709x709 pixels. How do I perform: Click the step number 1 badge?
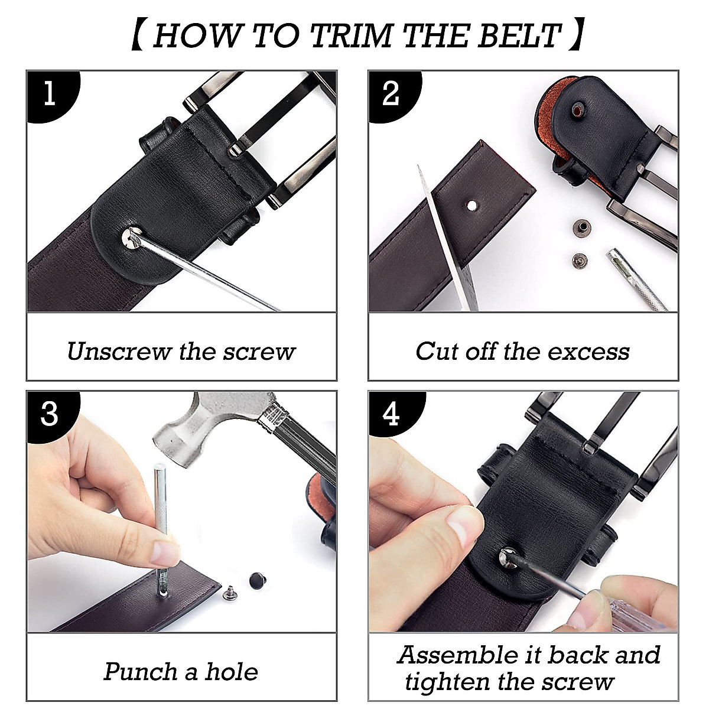[x=50, y=95]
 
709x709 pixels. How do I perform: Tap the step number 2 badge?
[x=391, y=95]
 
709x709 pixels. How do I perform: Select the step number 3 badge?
[x=50, y=415]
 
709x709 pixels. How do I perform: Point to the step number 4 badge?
[x=391, y=415]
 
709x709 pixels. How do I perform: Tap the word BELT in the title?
[x=518, y=35]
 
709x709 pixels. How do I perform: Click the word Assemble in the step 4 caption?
[x=457, y=655]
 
